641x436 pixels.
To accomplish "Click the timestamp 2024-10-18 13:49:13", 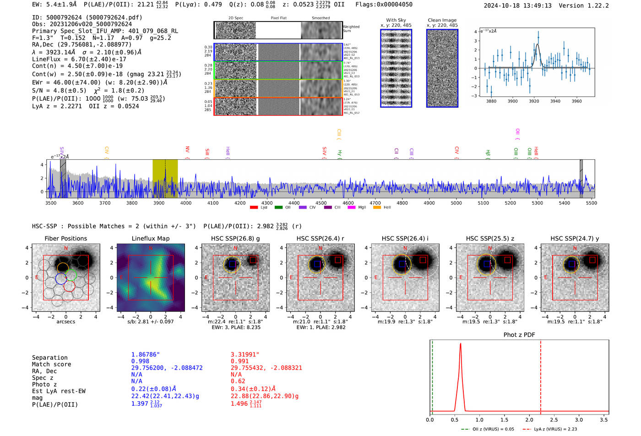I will (517, 5).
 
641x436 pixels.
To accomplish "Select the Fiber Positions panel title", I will (65, 238).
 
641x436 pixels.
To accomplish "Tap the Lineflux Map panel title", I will (150, 238).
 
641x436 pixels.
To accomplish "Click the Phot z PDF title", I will (519, 335).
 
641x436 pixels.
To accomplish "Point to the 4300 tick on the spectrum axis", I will (267, 203).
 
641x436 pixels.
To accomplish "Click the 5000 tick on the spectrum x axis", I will (456, 203).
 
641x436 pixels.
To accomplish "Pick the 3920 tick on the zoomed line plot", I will (534, 101).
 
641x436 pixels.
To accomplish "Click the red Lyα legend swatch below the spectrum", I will (254, 208).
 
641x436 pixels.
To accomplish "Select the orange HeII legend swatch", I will (377, 208).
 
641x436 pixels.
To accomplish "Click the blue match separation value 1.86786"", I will (146, 355).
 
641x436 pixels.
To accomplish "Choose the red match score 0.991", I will (240, 361).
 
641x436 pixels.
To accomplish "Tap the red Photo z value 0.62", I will (238, 381).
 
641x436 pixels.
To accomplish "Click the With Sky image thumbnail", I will (396, 68).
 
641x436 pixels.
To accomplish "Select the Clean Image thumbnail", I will (442, 68).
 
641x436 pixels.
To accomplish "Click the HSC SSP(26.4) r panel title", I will (320, 238).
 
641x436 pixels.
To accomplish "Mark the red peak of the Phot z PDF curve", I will (460, 344).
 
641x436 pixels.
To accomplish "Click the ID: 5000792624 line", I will (87, 17).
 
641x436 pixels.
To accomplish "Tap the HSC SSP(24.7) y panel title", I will (575, 238).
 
